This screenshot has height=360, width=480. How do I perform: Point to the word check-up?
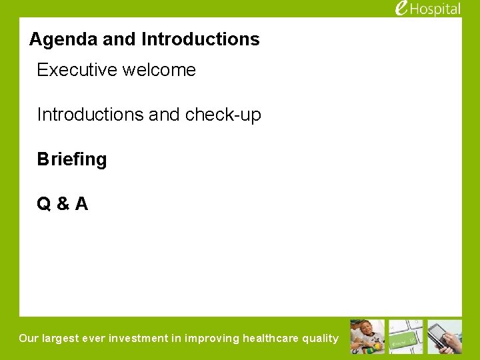pos(223,115)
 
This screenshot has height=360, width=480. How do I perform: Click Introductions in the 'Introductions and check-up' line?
pos(90,115)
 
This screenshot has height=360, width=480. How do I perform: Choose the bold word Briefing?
pos(72,159)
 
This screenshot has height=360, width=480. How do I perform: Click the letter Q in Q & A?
pos(44,204)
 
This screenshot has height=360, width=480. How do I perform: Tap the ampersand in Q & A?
pos(63,204)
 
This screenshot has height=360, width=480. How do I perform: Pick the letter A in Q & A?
pos(81,204)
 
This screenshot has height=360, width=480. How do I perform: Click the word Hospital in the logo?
pos(436,9)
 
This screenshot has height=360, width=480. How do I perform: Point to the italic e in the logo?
pos(401,7)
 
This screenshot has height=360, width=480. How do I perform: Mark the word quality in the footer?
pos(321,338)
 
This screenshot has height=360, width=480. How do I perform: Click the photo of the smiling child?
pos(367,337)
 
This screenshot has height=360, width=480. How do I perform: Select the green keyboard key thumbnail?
pos(406,337)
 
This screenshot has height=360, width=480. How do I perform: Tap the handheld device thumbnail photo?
pos(445,337)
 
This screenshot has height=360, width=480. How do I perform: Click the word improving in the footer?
pos(212,338)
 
